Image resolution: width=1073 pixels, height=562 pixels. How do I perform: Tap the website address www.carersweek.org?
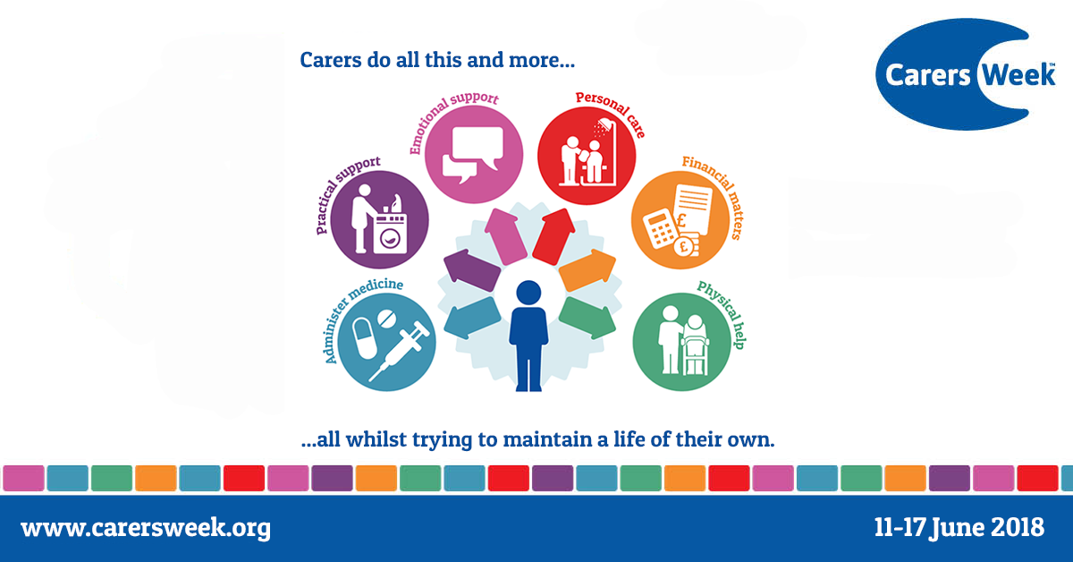pos(146,528)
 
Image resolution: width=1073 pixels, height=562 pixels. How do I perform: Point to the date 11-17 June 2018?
pos(959,527)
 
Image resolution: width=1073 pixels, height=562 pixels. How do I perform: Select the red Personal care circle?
pos(587,156)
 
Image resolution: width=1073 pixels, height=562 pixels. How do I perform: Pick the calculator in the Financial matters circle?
pos(660,230)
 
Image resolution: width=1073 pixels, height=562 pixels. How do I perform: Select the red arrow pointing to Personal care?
pos(554,236)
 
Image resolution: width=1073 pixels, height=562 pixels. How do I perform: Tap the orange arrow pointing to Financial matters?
pos(587,270)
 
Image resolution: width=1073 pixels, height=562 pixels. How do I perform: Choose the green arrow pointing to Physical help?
pos(587,318)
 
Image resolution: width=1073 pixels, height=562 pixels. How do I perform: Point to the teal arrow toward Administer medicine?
pos(472,318)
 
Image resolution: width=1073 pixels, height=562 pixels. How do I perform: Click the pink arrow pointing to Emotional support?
pos(506,236)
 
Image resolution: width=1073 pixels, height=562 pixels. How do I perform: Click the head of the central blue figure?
pos(528,293)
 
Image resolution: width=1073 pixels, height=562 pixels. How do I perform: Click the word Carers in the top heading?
pos(331,60)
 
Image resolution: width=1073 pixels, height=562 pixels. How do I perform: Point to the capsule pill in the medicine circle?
pos(365,338)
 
